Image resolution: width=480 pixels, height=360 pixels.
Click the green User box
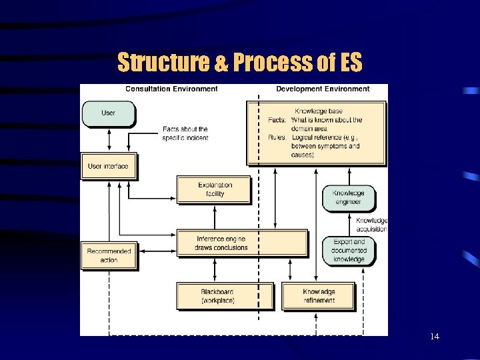(x=108, y=113)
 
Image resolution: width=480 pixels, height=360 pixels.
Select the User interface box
(x=108, y=166)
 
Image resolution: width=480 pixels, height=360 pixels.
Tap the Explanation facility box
(x=215, y=190)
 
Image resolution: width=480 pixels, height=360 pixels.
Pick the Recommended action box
(x=109, y=255)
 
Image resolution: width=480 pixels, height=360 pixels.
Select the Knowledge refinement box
(x=319, y=296)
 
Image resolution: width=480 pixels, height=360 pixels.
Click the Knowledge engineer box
(x=348, y=198)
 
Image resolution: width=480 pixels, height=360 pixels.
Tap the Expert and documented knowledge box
(x=348, y=251)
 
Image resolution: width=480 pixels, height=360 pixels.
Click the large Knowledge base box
(x=317, y=132)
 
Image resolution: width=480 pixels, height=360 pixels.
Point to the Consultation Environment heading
(x=171, y=89)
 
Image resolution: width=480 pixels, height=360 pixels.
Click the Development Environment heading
(x=323, y=89)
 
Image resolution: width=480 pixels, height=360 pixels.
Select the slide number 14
(x=435, y=337)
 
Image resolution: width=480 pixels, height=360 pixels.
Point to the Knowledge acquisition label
(x=371, y=225)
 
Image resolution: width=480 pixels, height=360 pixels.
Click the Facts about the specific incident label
(x=185, y=133)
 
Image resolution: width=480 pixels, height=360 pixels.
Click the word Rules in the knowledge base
(x=277, y=137)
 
